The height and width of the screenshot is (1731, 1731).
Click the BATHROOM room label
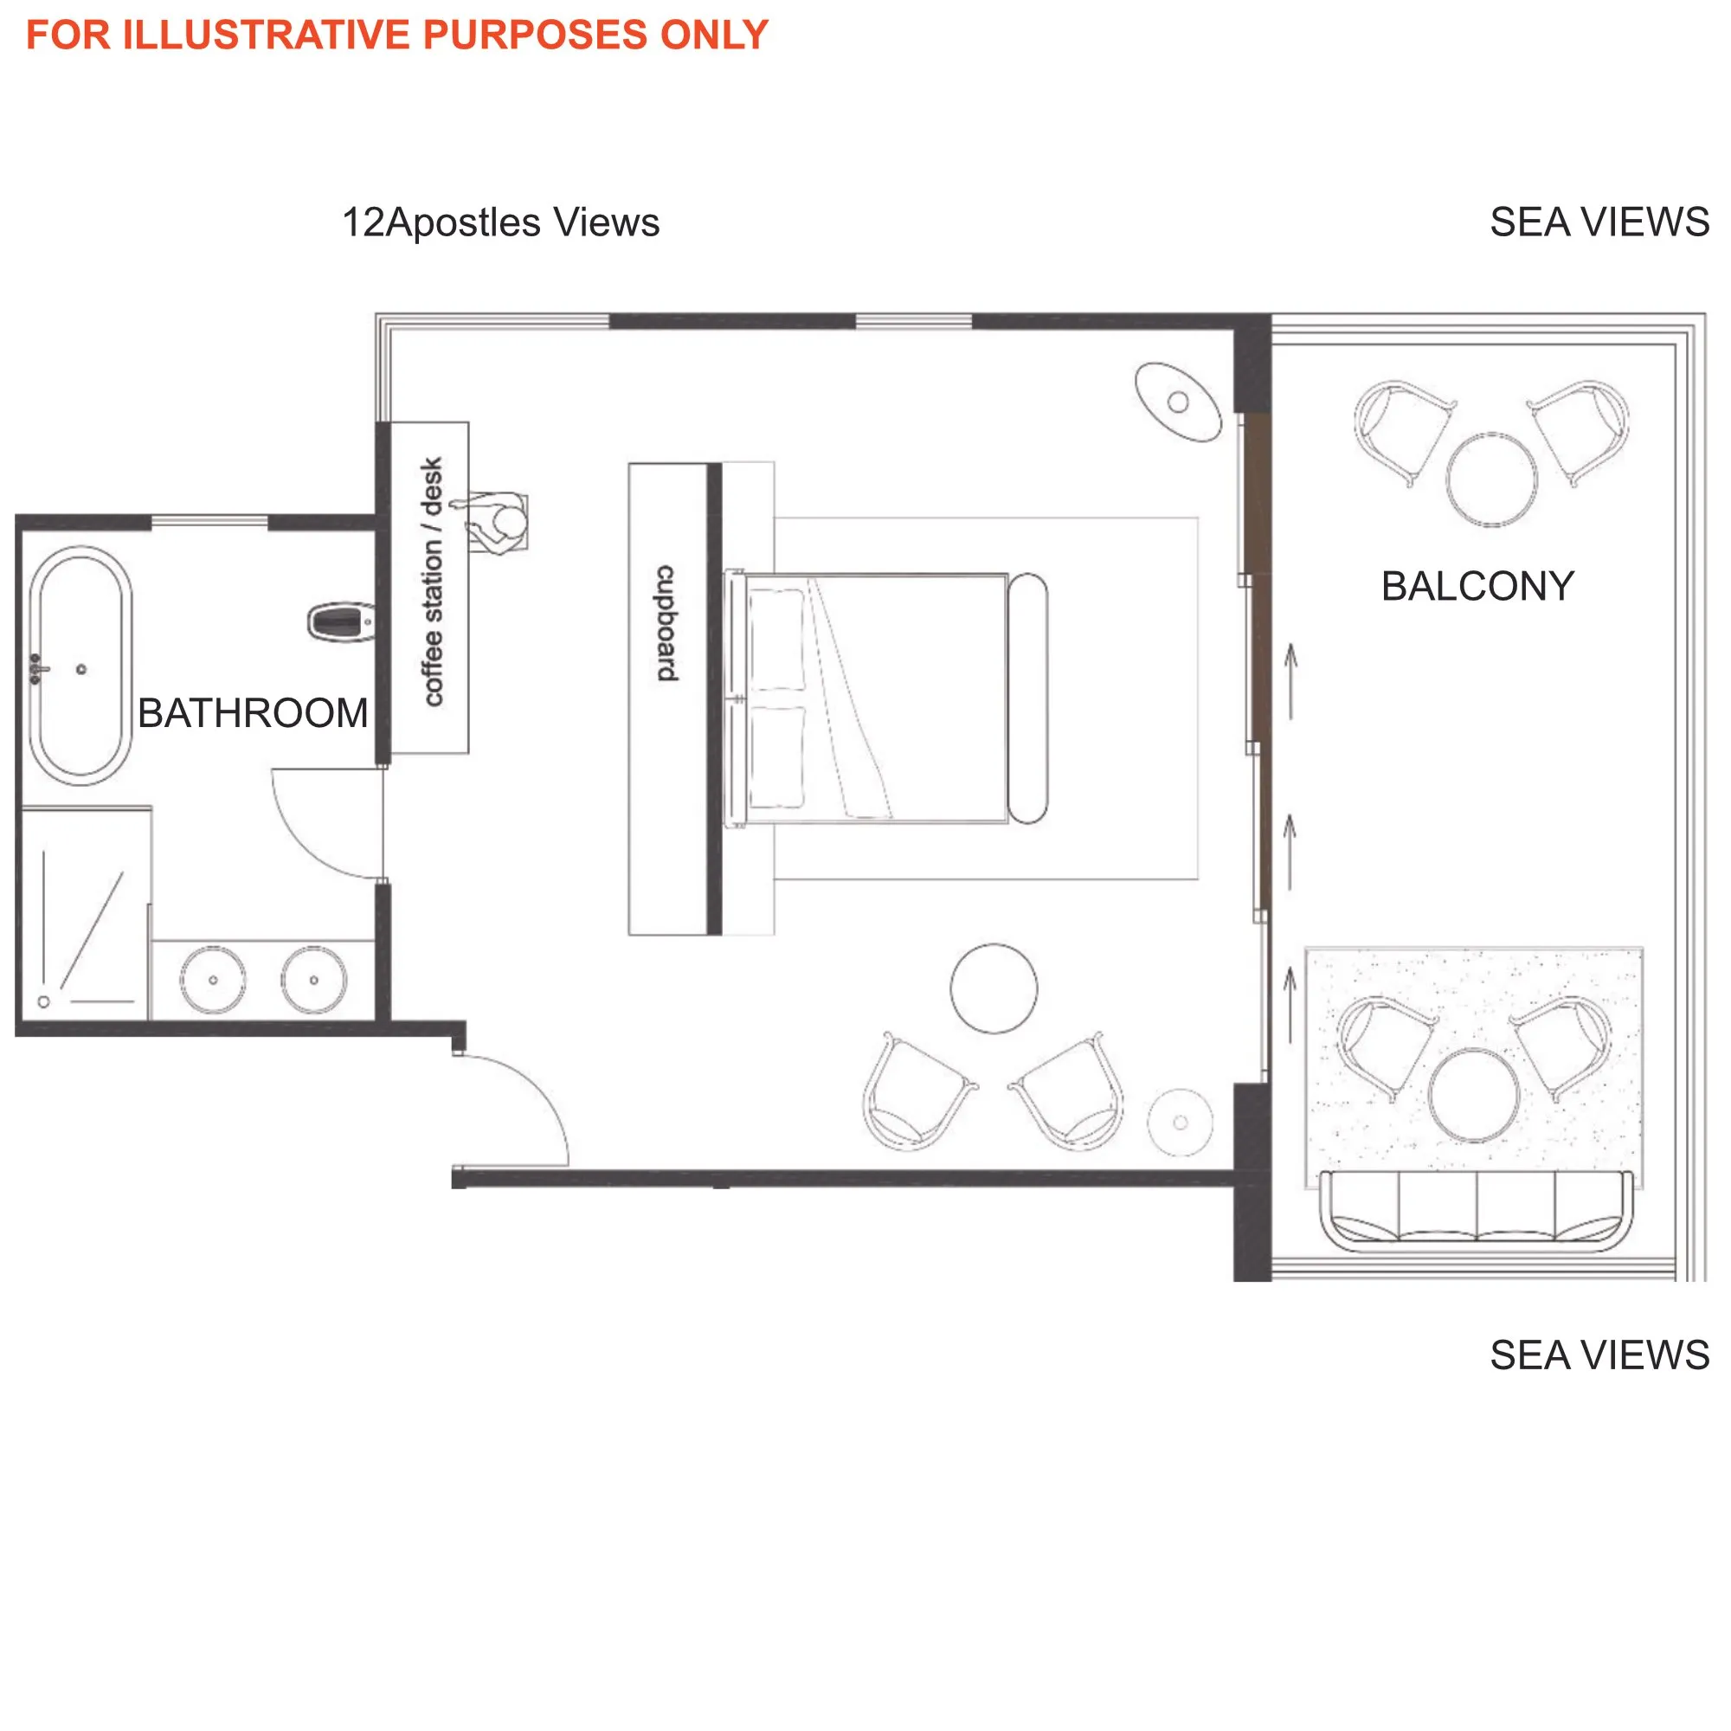[253, 714]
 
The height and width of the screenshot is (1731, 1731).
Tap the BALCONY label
[1477, 587]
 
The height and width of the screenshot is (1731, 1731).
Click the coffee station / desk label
[432, 582]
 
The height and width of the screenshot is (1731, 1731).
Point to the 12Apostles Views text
[500, 222]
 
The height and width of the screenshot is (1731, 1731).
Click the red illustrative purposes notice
[397, 35]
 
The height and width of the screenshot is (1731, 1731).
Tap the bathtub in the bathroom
[80, 665]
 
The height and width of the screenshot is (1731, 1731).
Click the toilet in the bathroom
[340, 621]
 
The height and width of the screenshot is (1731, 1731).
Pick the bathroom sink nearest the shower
[212, 979]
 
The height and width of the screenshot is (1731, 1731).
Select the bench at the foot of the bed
[1027, 698]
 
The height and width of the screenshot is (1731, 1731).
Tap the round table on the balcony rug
[1474, 1095]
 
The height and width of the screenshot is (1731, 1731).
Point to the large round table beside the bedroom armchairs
[994, 988]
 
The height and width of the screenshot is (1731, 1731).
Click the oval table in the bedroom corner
[1178, 402]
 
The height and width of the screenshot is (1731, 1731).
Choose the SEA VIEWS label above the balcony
[1599, 222]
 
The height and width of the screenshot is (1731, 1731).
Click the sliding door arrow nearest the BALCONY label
[1290, 681]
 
